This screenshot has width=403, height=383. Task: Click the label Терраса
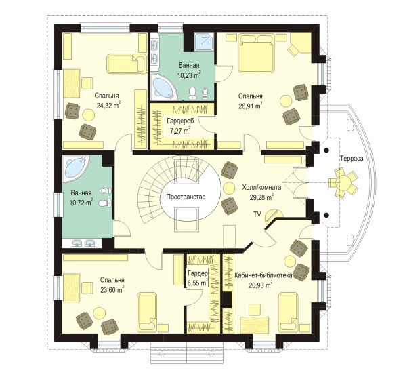click(352, 159)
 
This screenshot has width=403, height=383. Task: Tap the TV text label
click(257, 214)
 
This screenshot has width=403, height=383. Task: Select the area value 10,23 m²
click(189, 75)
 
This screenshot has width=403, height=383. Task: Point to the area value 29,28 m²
click(261, 197)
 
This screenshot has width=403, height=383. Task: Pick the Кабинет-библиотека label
click(263, 275)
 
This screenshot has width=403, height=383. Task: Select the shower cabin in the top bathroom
click(204, 41)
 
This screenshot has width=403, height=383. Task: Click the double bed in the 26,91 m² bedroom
click(256, 54)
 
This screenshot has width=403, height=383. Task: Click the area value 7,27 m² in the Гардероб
click(180, 130)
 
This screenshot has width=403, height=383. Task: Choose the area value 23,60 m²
click(112, 289)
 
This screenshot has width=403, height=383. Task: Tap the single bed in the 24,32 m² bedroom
click(126, 63)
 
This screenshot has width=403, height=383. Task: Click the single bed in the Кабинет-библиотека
click(289, 311)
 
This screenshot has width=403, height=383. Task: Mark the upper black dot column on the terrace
click(326, 150)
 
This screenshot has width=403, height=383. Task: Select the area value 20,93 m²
click(261, 285)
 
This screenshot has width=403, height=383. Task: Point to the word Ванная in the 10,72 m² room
click(81, 193)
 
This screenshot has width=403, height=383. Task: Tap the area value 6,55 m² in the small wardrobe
click(197, 283)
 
